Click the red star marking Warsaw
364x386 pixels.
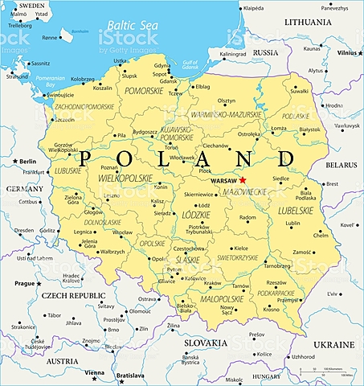pyautogui.click(x=243, y=180)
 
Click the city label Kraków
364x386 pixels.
pyautogui.click(x=213, y=282)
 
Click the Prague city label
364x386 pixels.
pyautogui.click(x=24, y=284)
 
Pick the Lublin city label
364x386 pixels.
pyautogui.click(x=292, y=223)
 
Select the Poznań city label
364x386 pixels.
pyautogui.click(x=109, y=168)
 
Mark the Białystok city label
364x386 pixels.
pyautogui.click(x=309, y=129)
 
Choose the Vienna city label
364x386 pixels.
pyautogui.click(x=95, y=372)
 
